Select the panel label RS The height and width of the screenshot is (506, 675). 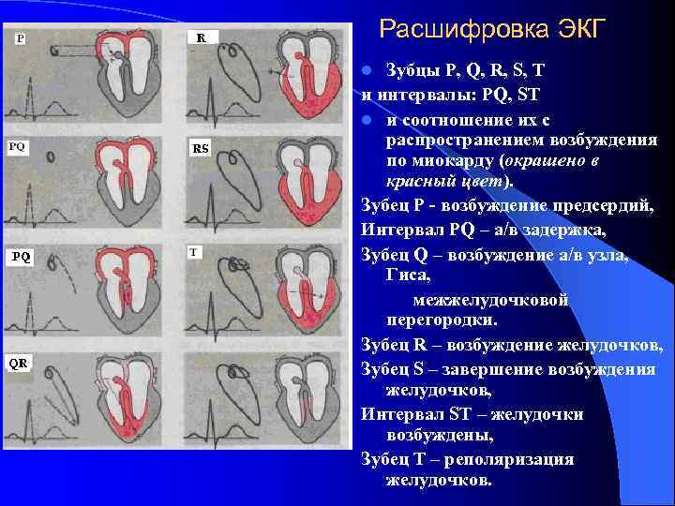(x=201, y=148)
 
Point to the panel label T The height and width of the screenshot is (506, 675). (x=193, y=252)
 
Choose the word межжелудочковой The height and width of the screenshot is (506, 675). (x=491, y=299)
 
